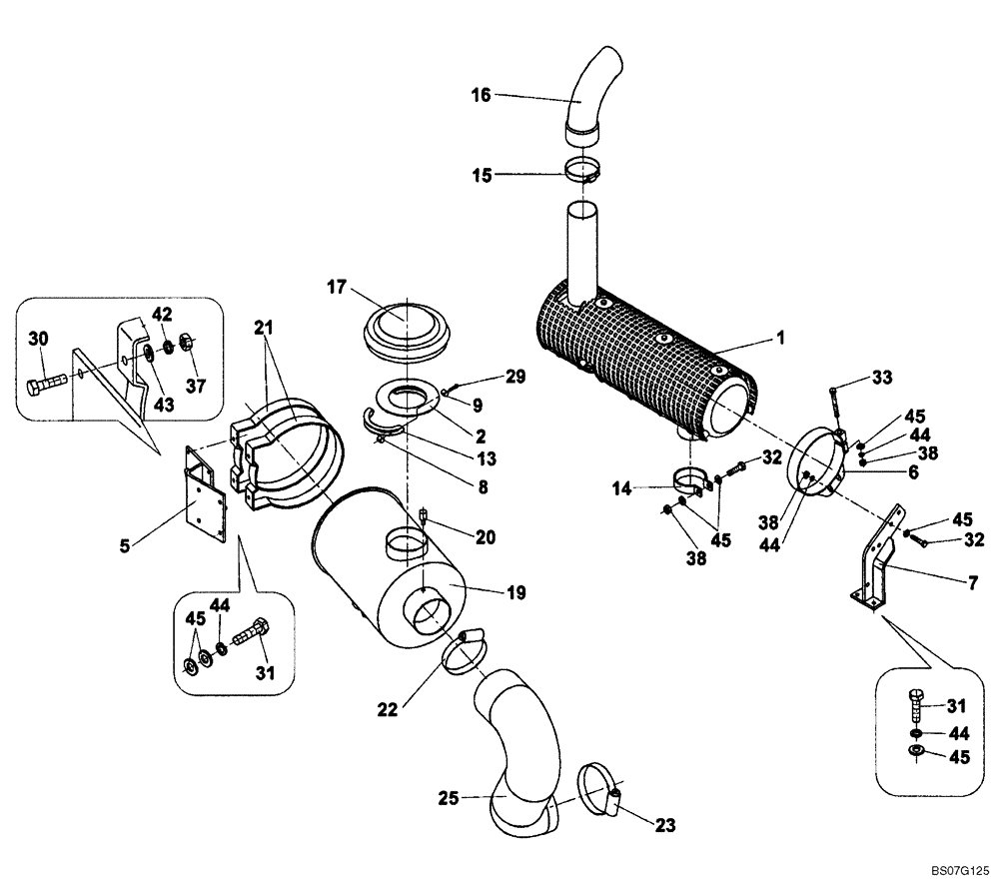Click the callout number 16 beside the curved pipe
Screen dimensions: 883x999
click(481, 95)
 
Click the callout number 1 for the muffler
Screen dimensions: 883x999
click(781, 339)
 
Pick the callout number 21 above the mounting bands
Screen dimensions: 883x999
click(263, 328)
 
